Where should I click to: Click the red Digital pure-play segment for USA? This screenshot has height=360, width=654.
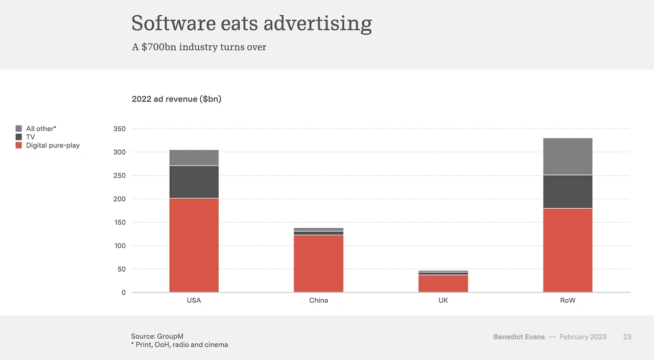click(x=194, y=245)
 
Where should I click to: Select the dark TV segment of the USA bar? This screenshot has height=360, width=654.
click(x=194, y=182)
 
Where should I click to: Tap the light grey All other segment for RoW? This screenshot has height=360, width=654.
click(x=568, y=156)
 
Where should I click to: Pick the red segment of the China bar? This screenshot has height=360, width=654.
click(x=318, y=263)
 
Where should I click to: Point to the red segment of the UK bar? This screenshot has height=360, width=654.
click(x=443, y=283)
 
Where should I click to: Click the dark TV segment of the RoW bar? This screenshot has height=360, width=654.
click(x=568, y=191)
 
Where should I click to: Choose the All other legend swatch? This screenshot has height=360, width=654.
click(x=19, y=129)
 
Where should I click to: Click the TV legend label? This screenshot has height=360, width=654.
click(x=31, y=137)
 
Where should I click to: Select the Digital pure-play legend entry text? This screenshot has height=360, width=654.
click(x=53, y=146)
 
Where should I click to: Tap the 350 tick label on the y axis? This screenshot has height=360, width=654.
click(x=120, y=129)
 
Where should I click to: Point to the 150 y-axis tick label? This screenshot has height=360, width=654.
click(x=120, y=222)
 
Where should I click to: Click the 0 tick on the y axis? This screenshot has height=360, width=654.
click(x=123, y=293)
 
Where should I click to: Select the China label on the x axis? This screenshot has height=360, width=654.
click(x=318, y=300)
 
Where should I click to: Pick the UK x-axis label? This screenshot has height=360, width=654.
click(x=443, y=300)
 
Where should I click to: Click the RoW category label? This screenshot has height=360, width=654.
click(x=568, y=300)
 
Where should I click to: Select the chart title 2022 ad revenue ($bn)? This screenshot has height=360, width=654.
click(x=176, y=99)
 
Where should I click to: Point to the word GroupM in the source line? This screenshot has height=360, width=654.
click(x=171, y=336)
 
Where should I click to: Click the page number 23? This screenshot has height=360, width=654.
click(x=627, y=337)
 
